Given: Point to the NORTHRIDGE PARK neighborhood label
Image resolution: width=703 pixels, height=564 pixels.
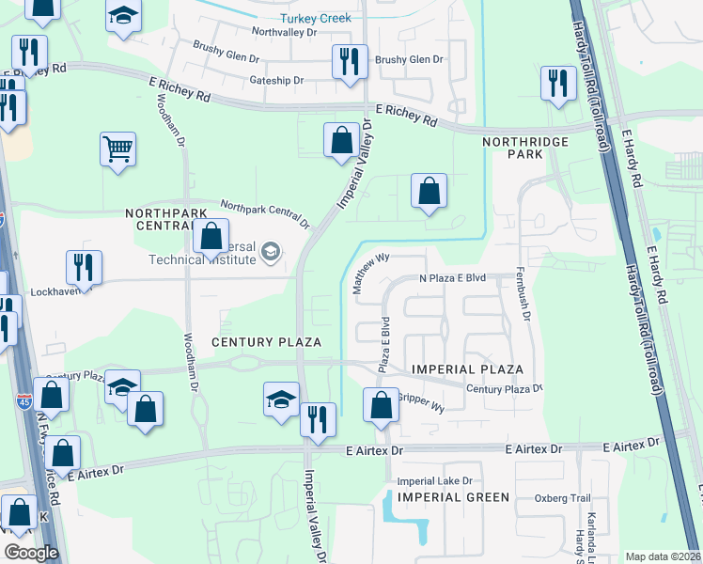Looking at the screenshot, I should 525,148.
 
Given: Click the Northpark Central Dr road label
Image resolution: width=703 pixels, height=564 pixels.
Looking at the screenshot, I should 265,213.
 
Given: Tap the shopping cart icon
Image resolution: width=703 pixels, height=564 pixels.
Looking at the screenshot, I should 118,149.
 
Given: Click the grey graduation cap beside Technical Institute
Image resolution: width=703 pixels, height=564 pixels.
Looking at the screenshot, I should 271,251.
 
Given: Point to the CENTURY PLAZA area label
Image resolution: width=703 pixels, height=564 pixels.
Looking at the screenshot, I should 266,341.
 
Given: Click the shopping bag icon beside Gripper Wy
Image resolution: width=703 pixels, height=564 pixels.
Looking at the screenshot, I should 382,406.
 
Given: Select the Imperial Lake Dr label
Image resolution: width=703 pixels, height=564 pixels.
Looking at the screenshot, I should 434,480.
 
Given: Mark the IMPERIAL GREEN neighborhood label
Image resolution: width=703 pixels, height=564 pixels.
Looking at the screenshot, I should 453,496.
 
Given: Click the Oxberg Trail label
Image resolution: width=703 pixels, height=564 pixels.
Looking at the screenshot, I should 562,498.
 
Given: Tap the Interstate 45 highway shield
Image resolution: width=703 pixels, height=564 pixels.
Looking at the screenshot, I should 24,401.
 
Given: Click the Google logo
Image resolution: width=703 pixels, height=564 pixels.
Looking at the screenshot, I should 31,553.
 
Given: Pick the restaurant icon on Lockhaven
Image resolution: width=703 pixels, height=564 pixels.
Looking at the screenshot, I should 85,268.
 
